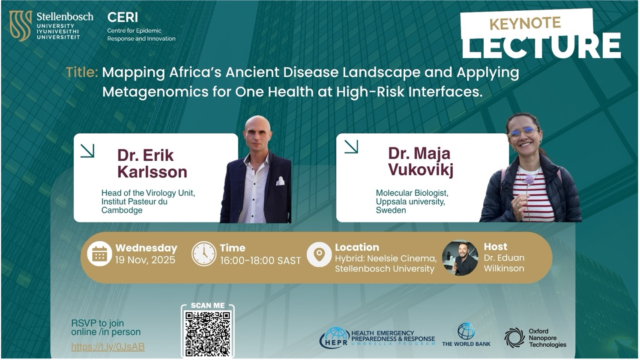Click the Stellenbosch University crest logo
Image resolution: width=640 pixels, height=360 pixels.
(x=21, y=26)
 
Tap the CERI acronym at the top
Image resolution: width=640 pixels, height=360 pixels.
(x=123, y=17)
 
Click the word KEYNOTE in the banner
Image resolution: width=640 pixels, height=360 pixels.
(x=525, y=23)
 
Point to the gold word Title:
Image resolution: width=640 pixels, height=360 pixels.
(x=82, y=72)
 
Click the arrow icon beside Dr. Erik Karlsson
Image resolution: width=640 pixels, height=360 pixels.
(x=87, y=150)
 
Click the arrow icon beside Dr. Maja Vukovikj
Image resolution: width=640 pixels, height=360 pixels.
(x=351, y=147)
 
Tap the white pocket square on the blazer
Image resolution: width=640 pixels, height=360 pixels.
(x=280, y=181)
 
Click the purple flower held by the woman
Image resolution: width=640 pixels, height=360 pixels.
(x=529, y=180)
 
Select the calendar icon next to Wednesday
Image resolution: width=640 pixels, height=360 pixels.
(x=99, y=254)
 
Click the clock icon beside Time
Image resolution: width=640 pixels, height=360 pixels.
(x=203, y=254)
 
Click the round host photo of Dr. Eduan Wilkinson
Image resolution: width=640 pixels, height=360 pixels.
(x=460, y=258)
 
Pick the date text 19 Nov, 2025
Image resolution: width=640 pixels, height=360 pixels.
(x=145, y=260)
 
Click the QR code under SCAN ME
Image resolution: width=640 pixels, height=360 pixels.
(x=208, y=333)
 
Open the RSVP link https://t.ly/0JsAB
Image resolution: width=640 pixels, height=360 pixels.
(x=108, y=347)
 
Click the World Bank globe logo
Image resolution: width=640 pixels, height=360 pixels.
(x=466, y=331)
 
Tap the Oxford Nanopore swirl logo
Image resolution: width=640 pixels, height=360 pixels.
(x=514, y=337)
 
